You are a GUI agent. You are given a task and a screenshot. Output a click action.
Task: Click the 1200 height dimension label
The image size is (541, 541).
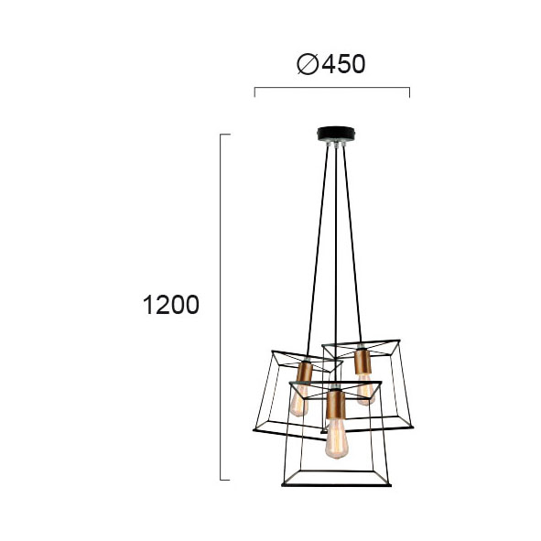(171, 305)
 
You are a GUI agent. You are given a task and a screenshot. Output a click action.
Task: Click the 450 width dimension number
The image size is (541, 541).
(343, 64)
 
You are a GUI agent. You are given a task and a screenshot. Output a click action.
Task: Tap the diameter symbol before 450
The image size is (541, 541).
(308, 64)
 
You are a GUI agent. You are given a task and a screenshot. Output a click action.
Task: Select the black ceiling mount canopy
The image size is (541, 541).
(336, 134)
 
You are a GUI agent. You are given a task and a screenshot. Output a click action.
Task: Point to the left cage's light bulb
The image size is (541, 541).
(299, 400)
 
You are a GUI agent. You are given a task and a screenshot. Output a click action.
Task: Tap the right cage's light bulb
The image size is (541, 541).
(365, 390)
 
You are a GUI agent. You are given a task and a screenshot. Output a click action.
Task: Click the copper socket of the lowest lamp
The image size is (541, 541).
(336, 404)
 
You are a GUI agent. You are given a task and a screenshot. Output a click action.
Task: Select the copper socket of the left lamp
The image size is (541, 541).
(304, 373)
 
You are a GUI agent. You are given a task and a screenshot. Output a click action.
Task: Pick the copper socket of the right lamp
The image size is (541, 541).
(363, 362)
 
